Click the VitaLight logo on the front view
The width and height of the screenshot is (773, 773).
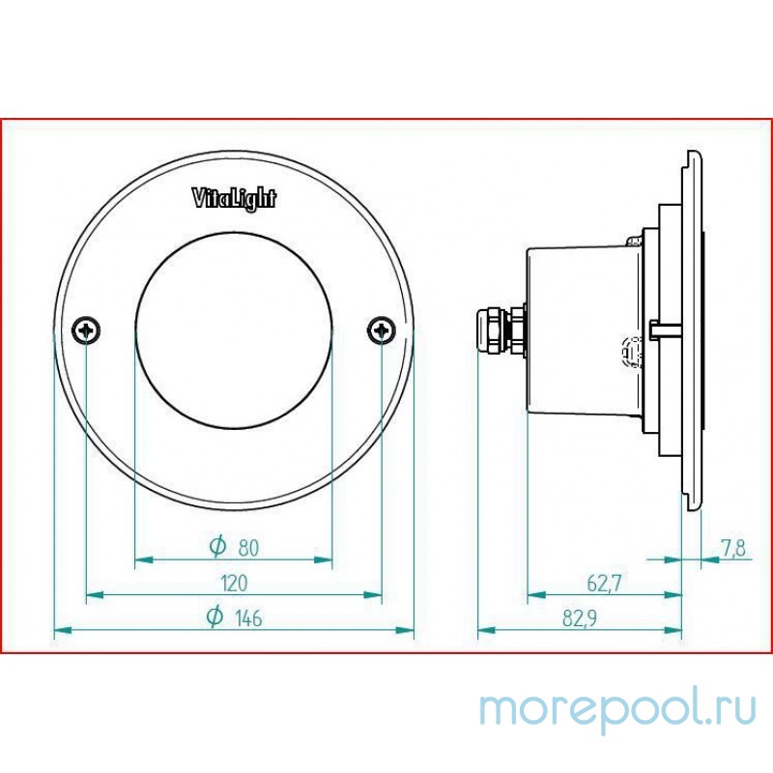point(234,199)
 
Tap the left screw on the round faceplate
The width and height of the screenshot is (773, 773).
point(87,330)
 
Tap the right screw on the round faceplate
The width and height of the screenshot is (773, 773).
point(382,330)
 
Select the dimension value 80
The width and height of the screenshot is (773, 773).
point(247,548)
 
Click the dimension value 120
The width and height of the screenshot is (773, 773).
point(234,583)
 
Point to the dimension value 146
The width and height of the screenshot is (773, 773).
point(247,618)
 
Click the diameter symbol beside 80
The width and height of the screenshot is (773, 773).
point(217,547)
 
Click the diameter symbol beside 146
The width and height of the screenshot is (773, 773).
point(217,617)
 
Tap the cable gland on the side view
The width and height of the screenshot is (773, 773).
point(499,330)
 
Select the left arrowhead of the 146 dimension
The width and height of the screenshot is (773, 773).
point(60,630)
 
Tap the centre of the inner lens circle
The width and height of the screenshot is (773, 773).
point(234,330)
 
